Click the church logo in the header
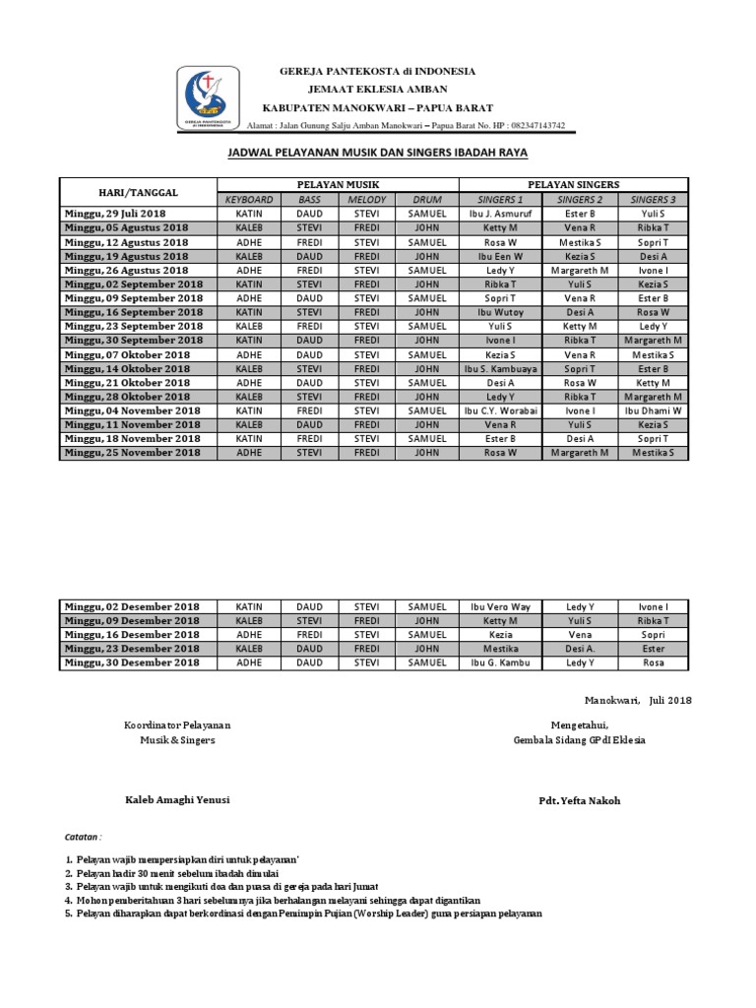[207, 98]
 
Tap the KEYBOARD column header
[249, 200]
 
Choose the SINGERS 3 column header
[654, 200]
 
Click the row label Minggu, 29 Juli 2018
[115, 214]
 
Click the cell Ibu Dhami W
[654, 410]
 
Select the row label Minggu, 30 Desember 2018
[132, 663]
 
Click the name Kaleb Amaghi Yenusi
[176, 800]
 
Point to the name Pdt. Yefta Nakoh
[580, 800]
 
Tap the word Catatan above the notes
[83, 836]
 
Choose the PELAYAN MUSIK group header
[338, 185]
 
